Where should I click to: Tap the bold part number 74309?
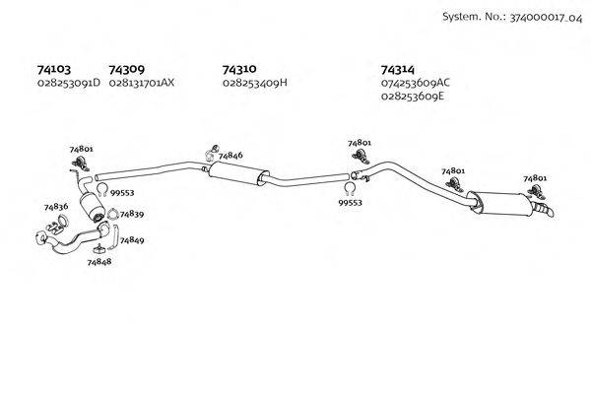pyautogui.click(x=127, y=70)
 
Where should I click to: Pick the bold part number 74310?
pyautogui.click(x=240, y=70)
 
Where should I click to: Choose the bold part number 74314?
pyautogui.click(x=397, y=70)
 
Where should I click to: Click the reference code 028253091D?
pyautogui.click(x=68, y=84)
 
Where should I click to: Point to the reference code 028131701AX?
pyautogui.click(x=142, y=84)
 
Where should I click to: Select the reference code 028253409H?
pyautogui.click(x=255, y=84)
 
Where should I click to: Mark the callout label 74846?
pyautogui.click(x=230, y=156)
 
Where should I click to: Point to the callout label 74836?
pyautogui.click(x=56, y=207)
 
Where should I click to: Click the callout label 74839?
pyautogui.click(x=131, y=215)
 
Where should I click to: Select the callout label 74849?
pyautogui.click(x=132, y=240)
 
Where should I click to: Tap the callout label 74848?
pyautogui.click(x=98, y=262)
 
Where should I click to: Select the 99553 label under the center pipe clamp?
pyautogui.click(x=351, y=202)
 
